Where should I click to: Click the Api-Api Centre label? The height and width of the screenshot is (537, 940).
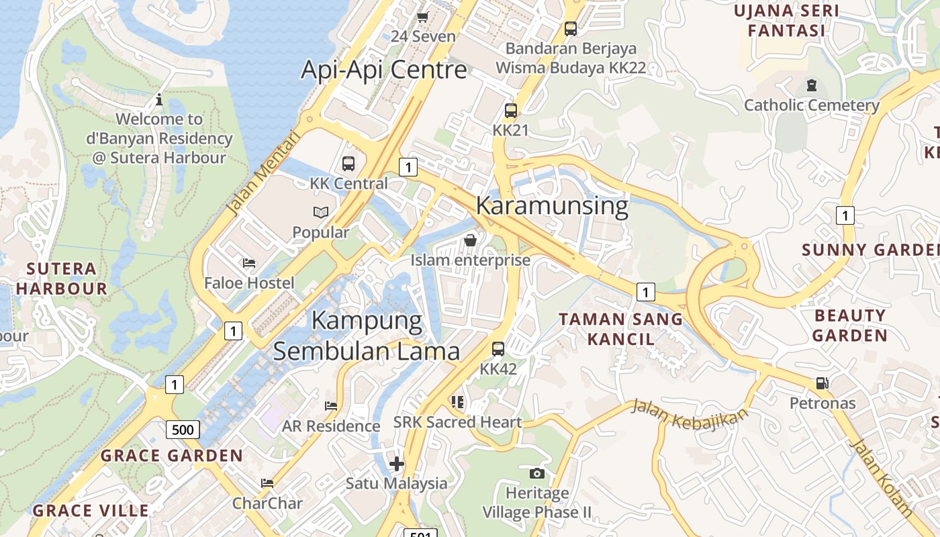coord(383,70)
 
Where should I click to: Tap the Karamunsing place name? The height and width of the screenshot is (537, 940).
coord(552,205)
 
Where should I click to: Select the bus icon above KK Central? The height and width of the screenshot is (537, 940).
coord(348,163)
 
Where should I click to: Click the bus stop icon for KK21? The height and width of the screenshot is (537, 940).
coord(511,111)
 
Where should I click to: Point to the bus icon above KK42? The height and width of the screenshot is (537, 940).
coord(498,349)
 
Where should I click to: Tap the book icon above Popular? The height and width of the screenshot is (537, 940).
coord(321,213)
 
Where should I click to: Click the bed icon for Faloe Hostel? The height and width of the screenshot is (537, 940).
coord(249,263)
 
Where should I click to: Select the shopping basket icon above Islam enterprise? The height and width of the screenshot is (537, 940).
coord(471,240)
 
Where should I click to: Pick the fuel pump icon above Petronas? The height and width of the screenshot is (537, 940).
coord(822,383)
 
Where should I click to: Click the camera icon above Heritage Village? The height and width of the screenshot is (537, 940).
coord(536,473)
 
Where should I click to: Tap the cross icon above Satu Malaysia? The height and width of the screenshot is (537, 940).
coord(396,463)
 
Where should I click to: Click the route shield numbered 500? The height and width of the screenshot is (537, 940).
coord(183,430)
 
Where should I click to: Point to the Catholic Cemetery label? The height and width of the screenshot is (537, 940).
coord(812,105)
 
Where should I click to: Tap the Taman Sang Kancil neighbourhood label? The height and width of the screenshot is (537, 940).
coord(621,329)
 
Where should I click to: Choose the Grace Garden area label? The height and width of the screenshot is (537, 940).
coord(172,456)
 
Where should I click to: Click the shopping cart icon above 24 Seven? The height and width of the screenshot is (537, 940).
coord(423,17)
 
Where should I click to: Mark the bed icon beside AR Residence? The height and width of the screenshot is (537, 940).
coord(330,405)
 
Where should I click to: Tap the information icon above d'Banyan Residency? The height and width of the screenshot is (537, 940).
coord(159,100)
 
